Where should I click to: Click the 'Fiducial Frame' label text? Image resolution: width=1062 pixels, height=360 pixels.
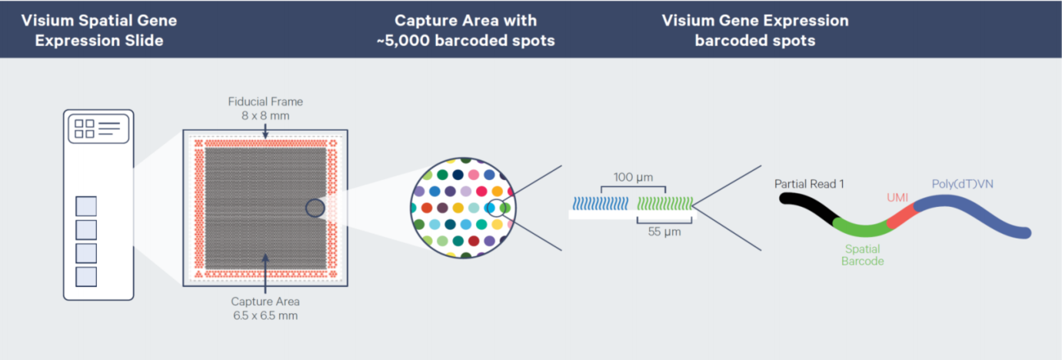(265, 102)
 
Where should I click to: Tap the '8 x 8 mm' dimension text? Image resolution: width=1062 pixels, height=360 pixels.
(265, 115)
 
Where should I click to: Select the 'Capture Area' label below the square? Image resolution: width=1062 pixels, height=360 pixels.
(265, 302)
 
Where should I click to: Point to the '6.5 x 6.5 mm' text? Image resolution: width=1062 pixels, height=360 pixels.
(265, 315)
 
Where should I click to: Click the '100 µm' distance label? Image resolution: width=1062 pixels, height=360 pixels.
(633, 178)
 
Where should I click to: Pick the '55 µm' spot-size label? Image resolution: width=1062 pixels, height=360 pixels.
(664, 232)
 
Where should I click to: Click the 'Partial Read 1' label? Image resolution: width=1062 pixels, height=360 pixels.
(809, 184)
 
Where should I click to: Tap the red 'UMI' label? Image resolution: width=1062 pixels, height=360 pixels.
(897, 198)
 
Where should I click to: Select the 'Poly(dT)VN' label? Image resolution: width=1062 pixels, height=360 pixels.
(962, 184)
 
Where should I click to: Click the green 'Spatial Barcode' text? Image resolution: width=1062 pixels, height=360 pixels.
(862, 255)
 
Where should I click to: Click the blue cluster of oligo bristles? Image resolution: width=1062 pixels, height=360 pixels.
(601, 204)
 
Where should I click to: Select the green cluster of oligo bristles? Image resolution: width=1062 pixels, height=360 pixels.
(664, 204)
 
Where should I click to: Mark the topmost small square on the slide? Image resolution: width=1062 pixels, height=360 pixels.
(86, 206)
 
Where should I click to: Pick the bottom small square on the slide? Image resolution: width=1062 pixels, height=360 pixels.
(86, 277)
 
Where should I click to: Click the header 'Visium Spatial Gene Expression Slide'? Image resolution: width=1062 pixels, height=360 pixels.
(99, 30)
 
